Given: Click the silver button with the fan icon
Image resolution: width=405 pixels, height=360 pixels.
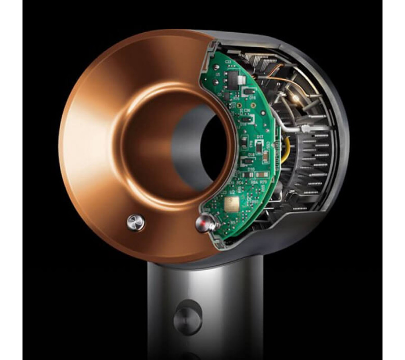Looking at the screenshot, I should click(135, 223).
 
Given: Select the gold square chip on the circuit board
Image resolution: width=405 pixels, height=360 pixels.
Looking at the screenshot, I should click(234, 205).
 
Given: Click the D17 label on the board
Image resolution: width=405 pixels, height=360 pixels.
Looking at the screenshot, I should click(260, 137).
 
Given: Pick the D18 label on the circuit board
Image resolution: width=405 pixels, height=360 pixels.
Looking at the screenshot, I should click(252, 154).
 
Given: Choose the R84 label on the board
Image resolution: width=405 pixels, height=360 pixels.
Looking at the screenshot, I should click(253, 183).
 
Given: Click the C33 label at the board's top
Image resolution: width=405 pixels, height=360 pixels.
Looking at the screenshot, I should click(228, 61).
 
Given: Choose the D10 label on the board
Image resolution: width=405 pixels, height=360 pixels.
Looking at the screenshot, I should click(247, 169).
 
